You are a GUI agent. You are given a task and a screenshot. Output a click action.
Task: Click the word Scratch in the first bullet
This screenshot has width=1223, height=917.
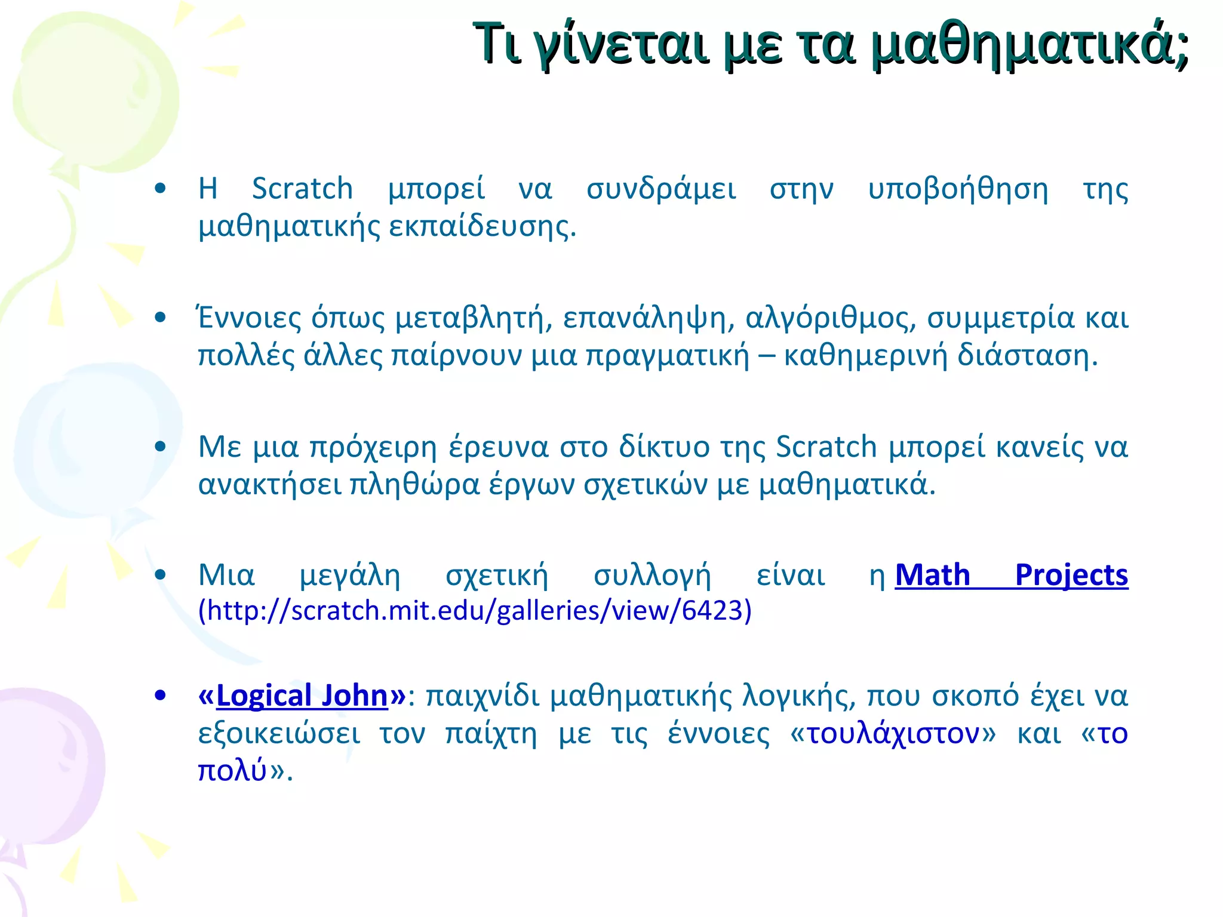pos(302,189)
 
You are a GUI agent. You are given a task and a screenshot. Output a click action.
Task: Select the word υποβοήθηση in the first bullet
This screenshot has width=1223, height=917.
pos(958,189)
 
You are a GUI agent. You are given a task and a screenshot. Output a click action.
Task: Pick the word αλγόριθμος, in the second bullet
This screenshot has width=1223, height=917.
pos(830,318)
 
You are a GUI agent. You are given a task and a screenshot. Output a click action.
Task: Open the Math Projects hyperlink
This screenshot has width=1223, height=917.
pos(1011,576)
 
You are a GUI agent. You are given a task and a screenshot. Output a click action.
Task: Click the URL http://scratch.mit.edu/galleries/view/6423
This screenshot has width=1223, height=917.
pos(475,611)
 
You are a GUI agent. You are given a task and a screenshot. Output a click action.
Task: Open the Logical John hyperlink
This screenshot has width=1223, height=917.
pos(302,696)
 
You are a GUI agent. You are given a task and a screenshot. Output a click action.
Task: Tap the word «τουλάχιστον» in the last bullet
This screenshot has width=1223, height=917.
pos(893,733)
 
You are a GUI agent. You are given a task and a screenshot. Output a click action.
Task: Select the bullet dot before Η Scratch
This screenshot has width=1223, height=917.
pos(159,189)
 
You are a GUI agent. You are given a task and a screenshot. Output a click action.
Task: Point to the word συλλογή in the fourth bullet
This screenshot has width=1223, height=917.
pos(652,576)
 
